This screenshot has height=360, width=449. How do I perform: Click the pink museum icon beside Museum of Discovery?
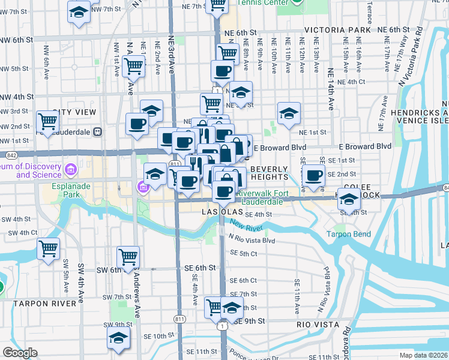71,170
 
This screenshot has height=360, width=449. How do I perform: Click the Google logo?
19,353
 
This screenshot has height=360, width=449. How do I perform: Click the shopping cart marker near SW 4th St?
48,248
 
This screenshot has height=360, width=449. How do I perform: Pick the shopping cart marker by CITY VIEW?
47,121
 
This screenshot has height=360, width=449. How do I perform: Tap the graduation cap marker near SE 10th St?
119,338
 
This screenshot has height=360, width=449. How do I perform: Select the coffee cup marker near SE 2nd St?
313,175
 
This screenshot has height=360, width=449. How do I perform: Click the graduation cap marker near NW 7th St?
78,12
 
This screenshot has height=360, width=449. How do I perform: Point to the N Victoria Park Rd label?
427,54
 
